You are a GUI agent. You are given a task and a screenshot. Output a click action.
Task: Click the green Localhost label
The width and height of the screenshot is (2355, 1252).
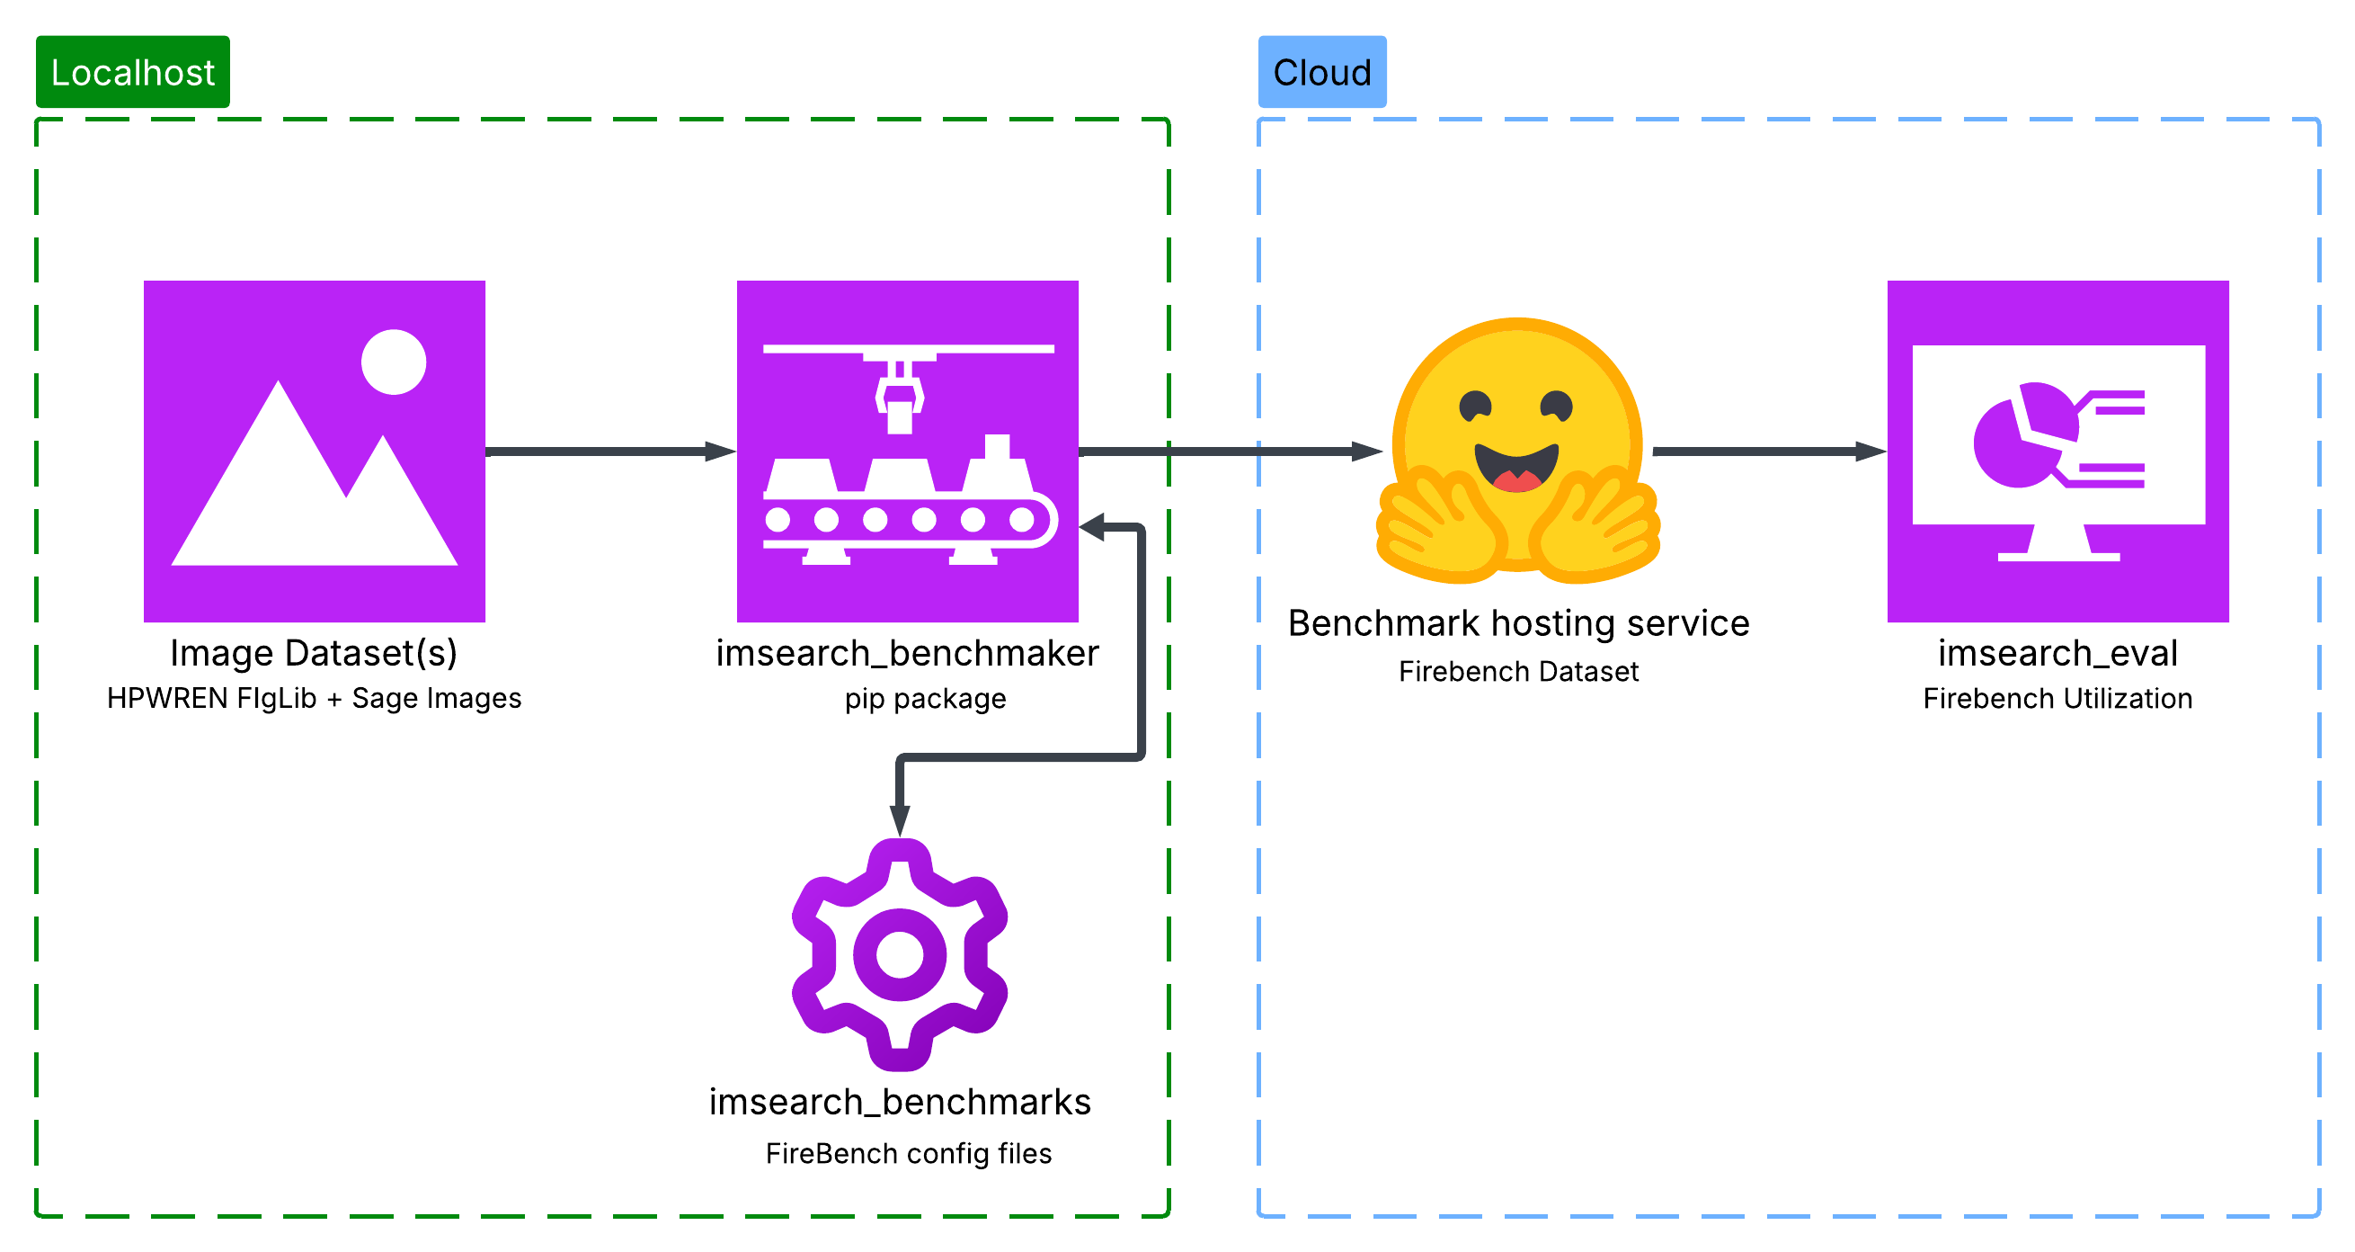tap(132, 72)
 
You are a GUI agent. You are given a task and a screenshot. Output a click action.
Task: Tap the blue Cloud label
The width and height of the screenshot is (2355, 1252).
tap(1321, 72)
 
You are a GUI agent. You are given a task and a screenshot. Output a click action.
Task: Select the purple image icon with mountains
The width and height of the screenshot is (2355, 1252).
tap(315, 452)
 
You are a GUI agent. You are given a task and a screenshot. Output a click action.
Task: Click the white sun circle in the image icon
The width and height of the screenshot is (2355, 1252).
tap(393, 362)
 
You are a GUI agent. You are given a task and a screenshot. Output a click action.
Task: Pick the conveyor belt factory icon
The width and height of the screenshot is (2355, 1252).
tap(907, 452)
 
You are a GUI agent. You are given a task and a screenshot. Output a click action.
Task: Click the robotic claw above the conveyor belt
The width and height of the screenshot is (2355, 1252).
tap(900, 398)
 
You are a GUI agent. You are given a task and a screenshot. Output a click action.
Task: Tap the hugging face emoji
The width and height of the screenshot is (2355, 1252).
tap(1517, 452)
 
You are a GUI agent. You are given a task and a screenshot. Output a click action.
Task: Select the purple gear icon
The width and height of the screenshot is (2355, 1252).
tap(900, 955)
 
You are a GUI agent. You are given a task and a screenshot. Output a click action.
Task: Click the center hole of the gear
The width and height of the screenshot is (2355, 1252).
tap(900, 955)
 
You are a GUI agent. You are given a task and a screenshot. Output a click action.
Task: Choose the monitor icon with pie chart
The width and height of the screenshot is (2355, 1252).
tap(2057, 452)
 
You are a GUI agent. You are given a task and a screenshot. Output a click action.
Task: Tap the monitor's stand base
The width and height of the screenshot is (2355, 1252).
tap(2057, 555)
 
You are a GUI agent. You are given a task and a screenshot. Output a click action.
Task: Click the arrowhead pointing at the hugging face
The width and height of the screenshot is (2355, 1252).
tap(1367, 452)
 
